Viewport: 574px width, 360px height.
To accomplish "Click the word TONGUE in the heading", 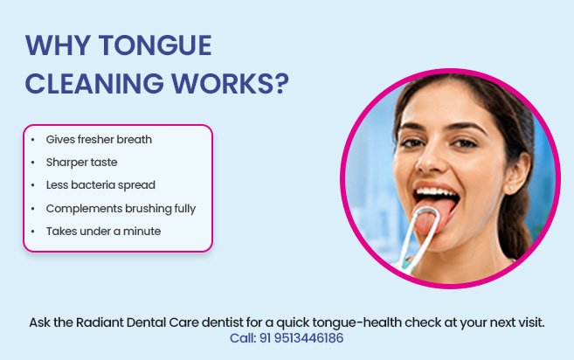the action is coord(155,45).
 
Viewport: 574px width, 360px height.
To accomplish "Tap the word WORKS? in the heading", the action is coord(231,84).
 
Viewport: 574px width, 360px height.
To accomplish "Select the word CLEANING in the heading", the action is coord(94,84).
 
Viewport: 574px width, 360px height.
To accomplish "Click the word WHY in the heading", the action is coord(58,45).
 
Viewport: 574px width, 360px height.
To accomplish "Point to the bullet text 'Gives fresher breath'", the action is coord(99,140).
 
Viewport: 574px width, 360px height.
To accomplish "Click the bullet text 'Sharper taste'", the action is coord(81,163).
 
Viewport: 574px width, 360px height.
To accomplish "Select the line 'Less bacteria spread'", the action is coord(100,185).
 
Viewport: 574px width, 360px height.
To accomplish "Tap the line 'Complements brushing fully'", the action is coord(121,208).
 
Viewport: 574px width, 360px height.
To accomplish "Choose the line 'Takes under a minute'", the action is coord(103,231).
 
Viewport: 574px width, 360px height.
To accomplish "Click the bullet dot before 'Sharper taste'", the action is coord(33,163).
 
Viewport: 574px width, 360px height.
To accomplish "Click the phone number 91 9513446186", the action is coord(301,338).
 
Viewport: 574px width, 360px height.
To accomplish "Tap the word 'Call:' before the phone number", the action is coord(243,338).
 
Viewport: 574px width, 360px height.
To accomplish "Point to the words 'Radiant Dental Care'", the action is coord(137,322).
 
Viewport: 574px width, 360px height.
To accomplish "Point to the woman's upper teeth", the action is coord(436,192).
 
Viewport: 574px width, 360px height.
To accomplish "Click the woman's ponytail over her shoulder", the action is coord(516,227).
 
